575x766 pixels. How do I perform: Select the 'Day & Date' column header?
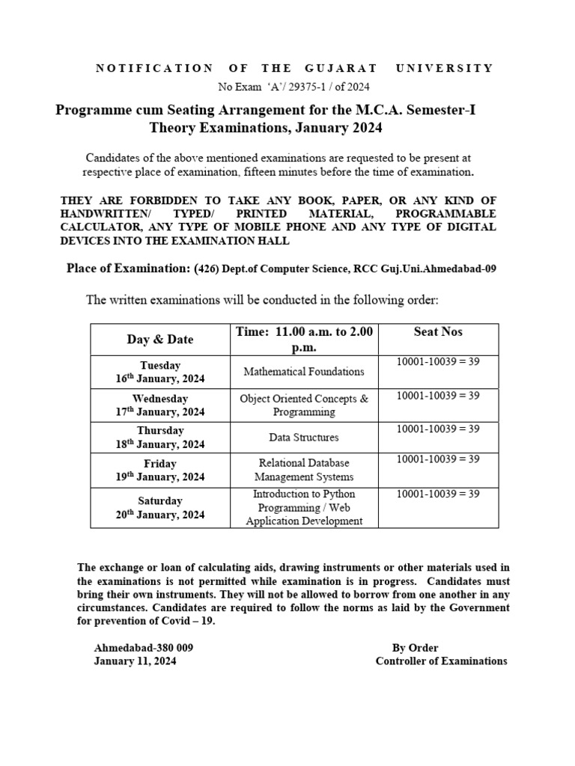coord(160,340)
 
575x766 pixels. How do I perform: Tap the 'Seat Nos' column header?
coord(438,331)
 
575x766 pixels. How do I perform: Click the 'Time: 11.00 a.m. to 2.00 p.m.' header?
coord(304,340)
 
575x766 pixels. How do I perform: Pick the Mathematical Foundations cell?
coord(304,371)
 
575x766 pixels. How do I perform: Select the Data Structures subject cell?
coord(304,437)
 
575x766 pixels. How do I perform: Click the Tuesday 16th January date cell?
coord(160,372)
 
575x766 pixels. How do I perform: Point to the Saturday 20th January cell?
coord(160,507)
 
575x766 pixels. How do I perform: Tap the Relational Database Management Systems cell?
coord(304,470)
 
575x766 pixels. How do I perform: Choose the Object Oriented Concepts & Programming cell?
coord(304,405)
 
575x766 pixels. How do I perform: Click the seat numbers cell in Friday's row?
coord(438,459)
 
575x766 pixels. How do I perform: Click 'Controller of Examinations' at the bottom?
coord(441,661)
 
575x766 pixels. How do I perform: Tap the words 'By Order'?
coord(415,648)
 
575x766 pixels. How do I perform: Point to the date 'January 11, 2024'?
coord(136,661)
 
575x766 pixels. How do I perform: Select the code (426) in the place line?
coord(207,269)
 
